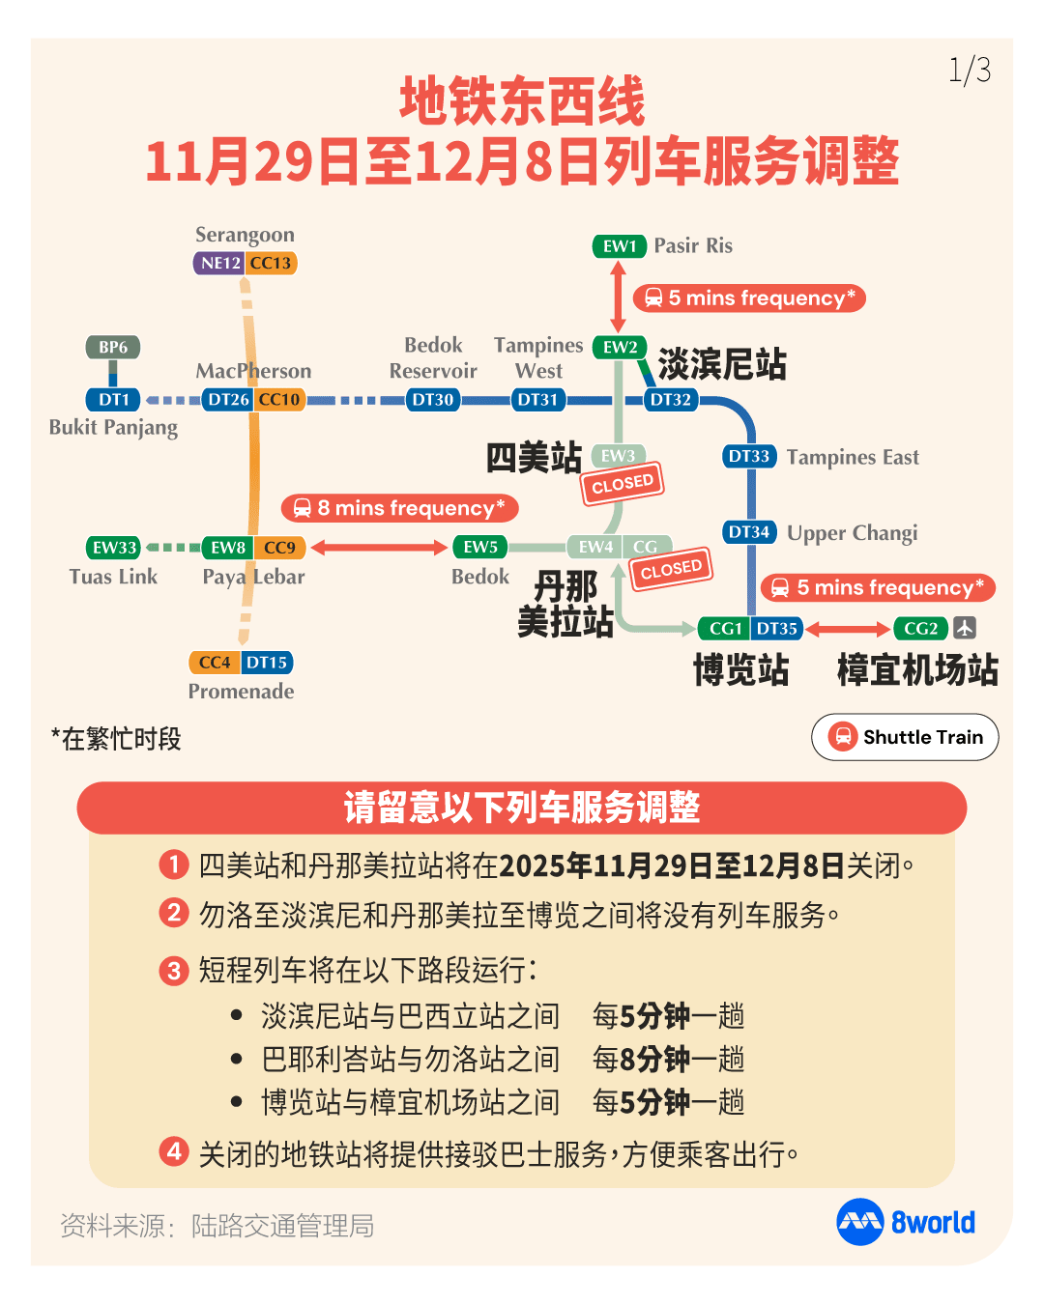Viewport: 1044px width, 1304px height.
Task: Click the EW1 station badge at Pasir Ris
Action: coord(619,246)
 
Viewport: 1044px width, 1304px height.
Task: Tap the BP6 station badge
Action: coord(113,347)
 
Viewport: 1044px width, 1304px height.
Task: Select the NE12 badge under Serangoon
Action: coord(219,263)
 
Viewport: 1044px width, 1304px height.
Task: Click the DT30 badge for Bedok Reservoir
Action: coord(433,400)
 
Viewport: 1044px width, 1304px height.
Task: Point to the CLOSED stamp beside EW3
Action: coord(623,484)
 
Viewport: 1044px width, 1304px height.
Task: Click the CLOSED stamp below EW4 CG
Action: coord(671,569)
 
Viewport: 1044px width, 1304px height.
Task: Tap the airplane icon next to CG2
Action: coord(964,628)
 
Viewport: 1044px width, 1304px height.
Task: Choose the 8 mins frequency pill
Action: coord(400,508)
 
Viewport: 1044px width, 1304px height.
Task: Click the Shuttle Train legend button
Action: coord(905,737)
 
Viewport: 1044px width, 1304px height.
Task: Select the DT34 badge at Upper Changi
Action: coord(749,532)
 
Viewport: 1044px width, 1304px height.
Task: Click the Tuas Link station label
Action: coord(113,577)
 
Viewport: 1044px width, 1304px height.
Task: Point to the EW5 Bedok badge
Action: coord(480,548)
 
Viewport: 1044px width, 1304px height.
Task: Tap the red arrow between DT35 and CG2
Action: coord(848,630)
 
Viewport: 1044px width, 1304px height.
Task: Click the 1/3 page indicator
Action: coord(970,71)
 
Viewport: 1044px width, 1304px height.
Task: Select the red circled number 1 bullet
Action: coord(174,864)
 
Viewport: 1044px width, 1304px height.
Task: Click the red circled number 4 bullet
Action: coord(174,1151)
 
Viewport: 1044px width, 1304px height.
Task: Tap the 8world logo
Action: coord(906,1222)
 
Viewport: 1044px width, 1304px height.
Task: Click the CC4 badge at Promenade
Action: coord(215,663)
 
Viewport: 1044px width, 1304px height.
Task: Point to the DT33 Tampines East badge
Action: coord(749,456)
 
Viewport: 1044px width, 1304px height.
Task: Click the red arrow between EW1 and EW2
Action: coord(619,297)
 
